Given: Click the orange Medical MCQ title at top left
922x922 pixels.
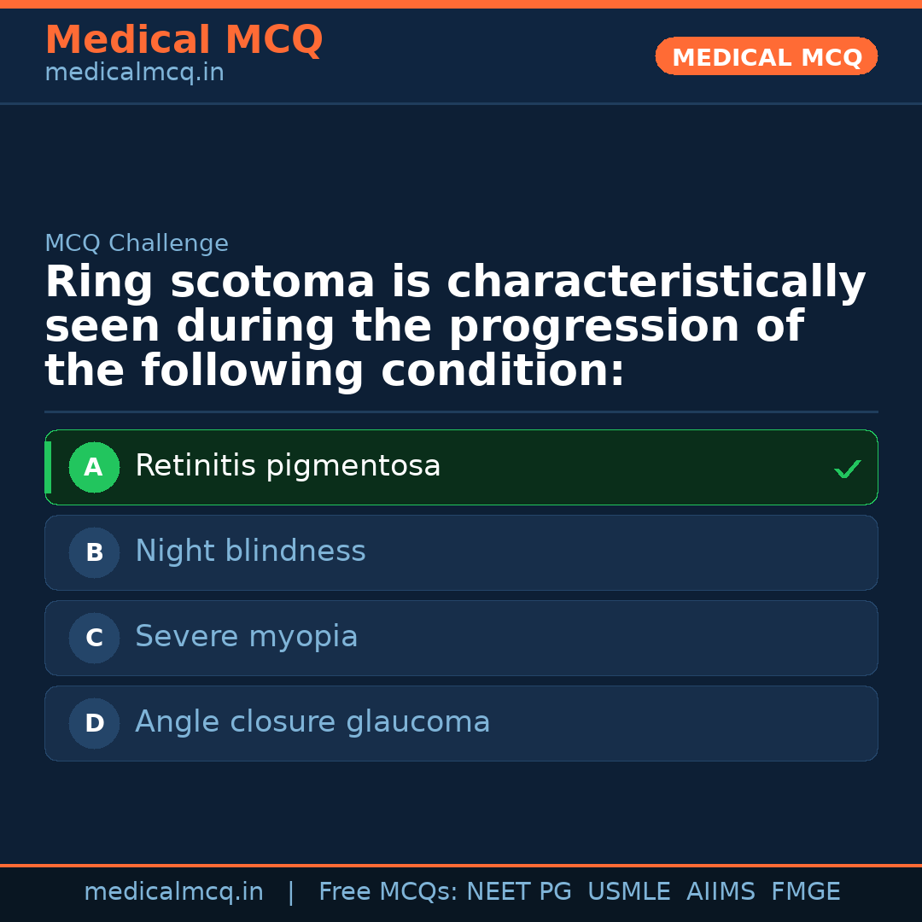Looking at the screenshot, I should click(x=184, y=40).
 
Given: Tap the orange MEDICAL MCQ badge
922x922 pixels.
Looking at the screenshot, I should click(x=766, y=57).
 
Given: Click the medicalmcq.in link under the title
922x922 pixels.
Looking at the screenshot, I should click(x=134, y=73).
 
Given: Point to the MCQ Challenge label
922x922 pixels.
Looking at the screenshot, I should click(x=137, y=243).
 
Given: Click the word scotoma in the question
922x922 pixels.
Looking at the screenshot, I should click(x=272, y=283).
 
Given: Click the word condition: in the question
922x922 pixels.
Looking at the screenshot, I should click(x=503, y=371).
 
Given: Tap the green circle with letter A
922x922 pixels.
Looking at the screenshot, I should click(x=94, y=467).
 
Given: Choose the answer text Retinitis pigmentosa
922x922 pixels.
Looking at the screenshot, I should click(x=288, y=466).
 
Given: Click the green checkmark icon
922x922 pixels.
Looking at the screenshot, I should click(x=847, y=469).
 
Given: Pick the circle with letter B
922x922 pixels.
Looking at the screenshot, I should click(x=94, y=552).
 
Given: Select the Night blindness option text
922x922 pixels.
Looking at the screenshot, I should click(x=250, y=551).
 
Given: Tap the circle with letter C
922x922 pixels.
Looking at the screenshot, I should click(x=94, y=638).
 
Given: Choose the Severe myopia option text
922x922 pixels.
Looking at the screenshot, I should click(x=246, y=637).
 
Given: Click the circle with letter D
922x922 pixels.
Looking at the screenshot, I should click(x=94, y=723).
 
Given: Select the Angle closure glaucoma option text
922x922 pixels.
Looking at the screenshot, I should click(x=312, y=722).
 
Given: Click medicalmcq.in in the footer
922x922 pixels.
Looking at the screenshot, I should click(x=173, y=892).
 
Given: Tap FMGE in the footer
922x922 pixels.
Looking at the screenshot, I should click(x=805, y=892).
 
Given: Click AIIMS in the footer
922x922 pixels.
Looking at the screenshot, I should click(x=721, y=892).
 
